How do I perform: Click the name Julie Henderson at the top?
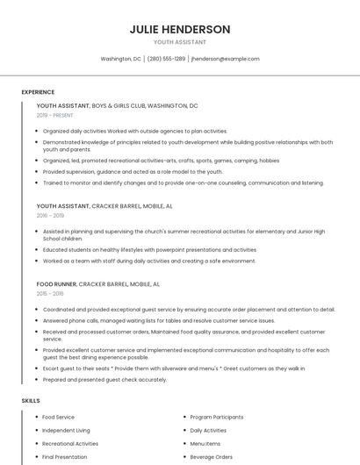[180, 29]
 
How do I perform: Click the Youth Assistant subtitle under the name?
[180, 42]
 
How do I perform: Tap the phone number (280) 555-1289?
[166, 59]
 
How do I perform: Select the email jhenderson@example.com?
[226, 59]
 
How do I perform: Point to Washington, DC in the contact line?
[120, 59]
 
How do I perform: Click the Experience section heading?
[38, 92]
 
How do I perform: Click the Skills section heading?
[31, 400]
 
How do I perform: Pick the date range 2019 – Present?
[54, 115]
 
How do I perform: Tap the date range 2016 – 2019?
[50, 215]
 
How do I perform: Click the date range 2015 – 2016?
[50, 294]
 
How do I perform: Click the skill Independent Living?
[67, 431]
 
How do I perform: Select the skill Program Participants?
[217, 417]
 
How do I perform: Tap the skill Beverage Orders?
[212, 457]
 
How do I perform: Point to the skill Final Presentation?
[65, 457]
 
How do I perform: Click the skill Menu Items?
[205, 444]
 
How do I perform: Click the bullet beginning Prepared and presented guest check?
[104, 379]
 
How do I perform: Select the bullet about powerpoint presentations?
[149, 249]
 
